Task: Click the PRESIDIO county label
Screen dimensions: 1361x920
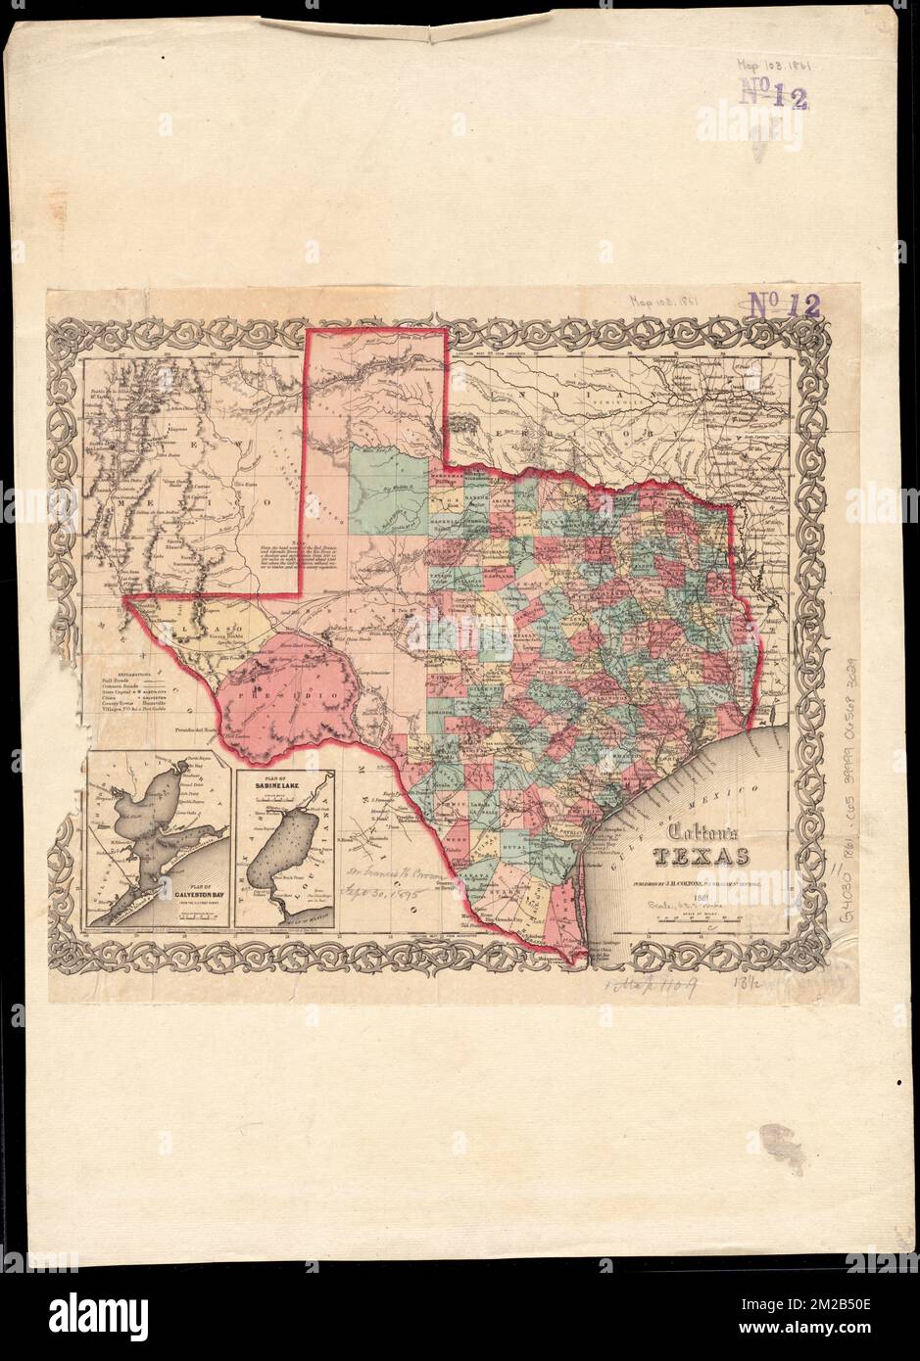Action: coord(291,692)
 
